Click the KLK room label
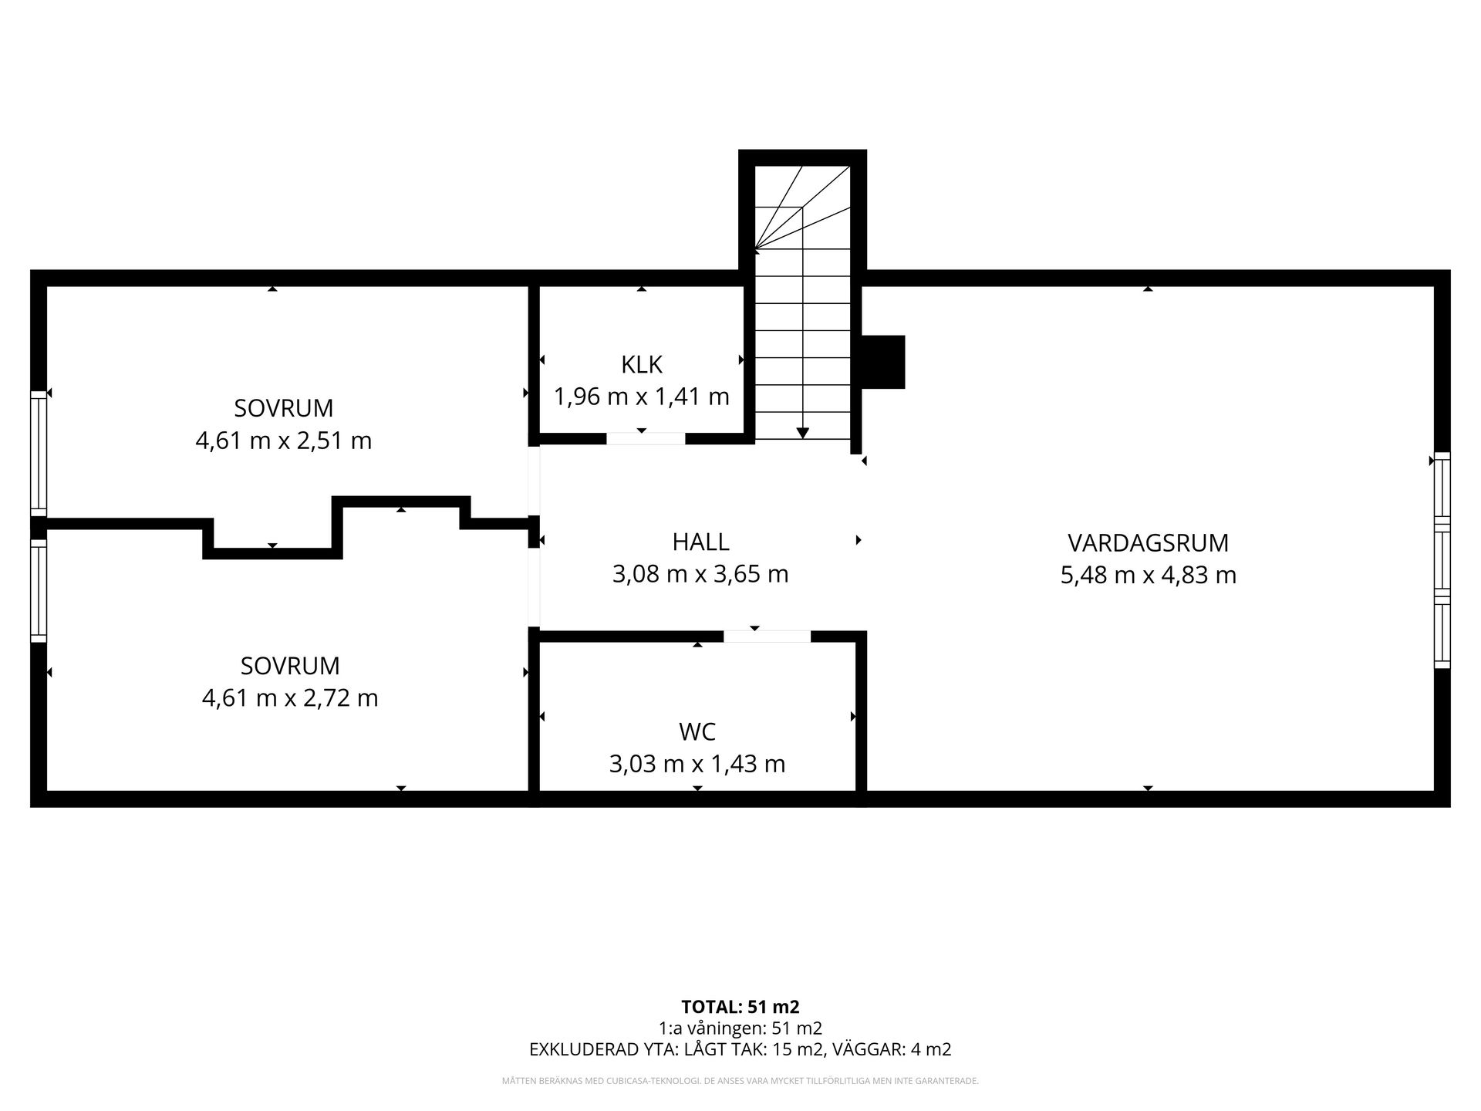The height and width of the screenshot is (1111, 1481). click(x=642, y=364)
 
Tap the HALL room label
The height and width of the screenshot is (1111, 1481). click(x=700, y=542)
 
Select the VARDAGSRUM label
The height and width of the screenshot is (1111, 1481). click(x=1148, y=542)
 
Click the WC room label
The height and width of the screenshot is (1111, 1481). click(x=697, y=731)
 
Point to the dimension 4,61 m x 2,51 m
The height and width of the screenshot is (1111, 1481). click(x=284, y=441)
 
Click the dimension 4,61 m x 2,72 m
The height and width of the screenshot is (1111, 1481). click(x=290, y=698)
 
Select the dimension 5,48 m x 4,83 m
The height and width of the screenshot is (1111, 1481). click(x=1148, y=576)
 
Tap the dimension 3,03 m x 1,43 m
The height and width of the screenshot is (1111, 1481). click(x=697, y=764)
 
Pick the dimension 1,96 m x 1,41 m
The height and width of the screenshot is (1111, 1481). click(x=642, y=397)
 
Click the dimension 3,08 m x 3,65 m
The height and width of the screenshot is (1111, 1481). click(x=700, y=575)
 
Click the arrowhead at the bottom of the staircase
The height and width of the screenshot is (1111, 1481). click(x=803, y=433)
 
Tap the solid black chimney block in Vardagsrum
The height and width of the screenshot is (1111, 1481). click(x=882, y=362)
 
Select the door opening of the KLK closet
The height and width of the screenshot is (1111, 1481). click(x=646, y=438)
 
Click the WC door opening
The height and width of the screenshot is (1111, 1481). click(x=767, y=637)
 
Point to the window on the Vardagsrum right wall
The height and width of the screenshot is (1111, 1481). click(x=1442, y=559)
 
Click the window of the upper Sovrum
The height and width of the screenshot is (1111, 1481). click(x=39, y=453)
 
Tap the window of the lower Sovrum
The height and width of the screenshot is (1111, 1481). click(x=39, y=591)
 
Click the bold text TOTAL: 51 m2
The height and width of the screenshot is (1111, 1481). click(x=740, y=1007)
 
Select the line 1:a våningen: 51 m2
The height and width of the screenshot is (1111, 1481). click(x=740, y=1028)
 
